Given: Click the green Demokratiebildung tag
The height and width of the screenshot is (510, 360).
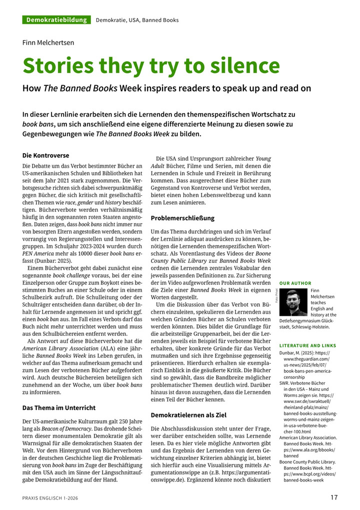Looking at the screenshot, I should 56,20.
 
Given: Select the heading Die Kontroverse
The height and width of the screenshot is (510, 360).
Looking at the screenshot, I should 46,155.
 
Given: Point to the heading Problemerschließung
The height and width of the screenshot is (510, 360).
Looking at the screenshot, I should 182,218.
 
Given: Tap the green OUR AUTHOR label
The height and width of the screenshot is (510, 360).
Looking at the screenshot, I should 295,283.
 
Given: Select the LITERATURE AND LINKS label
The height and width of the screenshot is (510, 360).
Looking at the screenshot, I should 307,345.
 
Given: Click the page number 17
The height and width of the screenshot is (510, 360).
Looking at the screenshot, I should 334,497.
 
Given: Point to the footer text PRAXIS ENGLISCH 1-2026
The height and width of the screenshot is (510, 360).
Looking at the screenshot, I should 50,498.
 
